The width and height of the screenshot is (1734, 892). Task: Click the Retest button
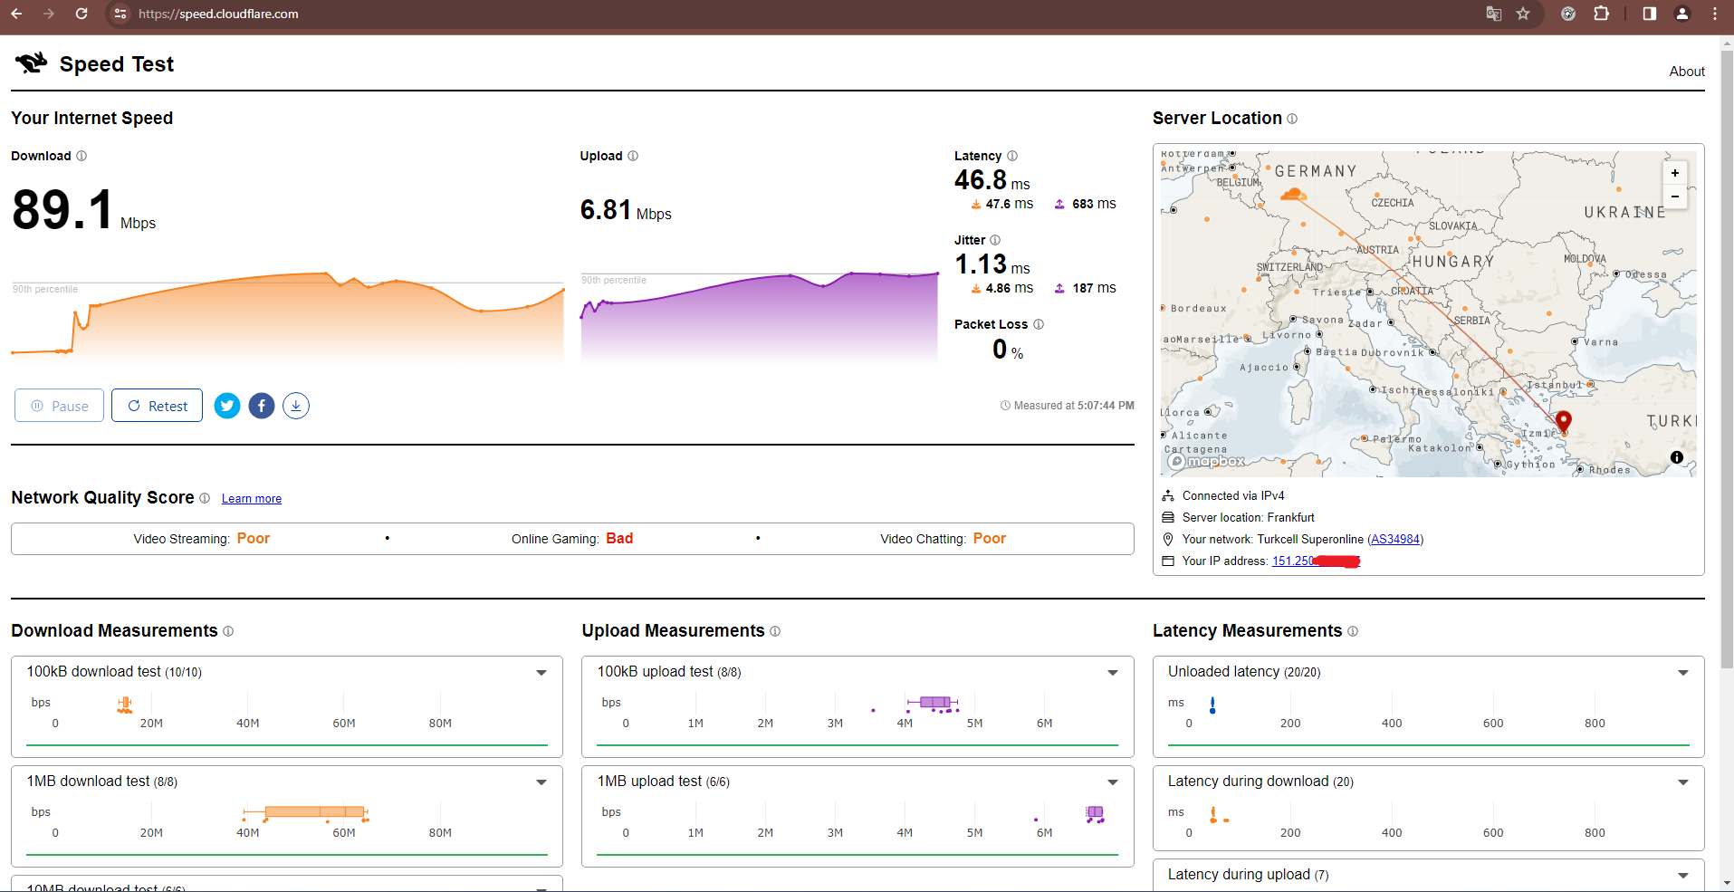157,406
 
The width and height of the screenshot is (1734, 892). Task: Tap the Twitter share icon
227,406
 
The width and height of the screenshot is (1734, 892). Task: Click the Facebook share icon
262,406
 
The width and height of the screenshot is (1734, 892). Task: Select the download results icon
296,406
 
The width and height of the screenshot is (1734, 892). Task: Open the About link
1686,72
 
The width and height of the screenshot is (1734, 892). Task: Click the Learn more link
252,499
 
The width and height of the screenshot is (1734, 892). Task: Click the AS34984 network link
1394,540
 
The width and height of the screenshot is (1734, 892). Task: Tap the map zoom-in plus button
1674,173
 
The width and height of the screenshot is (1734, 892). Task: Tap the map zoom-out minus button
1674,197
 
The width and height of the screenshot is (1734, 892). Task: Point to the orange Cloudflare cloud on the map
1292,194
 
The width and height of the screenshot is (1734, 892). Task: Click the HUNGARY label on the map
1452,262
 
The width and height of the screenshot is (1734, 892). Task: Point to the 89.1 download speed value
63,210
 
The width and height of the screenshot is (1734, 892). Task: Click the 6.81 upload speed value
606,210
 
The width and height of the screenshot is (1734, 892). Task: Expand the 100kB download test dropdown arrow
541,673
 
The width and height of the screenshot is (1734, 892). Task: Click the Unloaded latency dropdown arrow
1682,673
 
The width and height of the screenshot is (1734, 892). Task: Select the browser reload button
81,14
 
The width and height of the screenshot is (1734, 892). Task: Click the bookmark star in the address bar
1523,14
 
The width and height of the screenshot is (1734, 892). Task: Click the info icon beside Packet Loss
1039,324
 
